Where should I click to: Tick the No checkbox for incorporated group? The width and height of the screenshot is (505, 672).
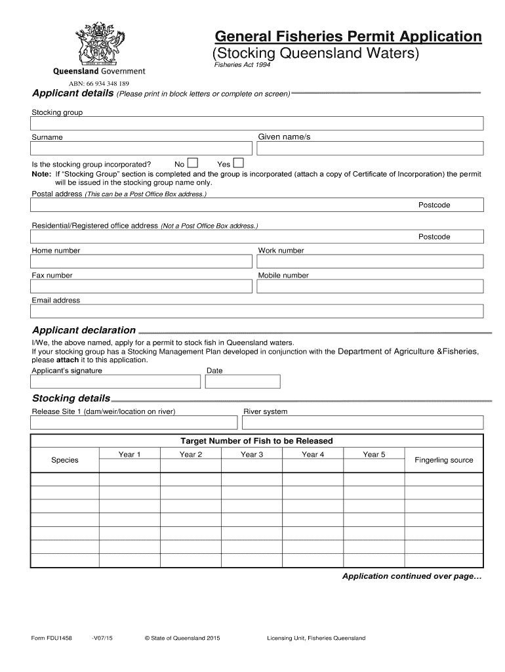[x=193, y=163]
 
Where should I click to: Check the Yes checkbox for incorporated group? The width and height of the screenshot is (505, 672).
[x=239, y=163]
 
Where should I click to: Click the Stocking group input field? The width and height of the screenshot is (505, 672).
[x=257, y=123]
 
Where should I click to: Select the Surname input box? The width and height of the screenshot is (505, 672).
[x=142, y=149]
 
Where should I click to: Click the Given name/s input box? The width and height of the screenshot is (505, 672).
[x=370, y=149]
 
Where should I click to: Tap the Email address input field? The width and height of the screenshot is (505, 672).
[x=257, y=311]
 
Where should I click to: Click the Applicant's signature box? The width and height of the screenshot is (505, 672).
[x=115, y=381]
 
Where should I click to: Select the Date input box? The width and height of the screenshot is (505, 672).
[x=243, y=381]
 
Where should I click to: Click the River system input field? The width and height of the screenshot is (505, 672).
[x=363, y=423]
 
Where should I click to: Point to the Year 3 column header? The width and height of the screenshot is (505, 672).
[x=252, y=454]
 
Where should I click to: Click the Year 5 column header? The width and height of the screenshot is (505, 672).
[x=374, y=454]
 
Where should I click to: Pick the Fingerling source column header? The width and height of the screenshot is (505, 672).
[x=444, y=460]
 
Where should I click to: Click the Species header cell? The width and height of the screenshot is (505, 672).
[x=65, y=460]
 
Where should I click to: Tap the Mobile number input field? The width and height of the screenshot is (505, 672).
[x=370, y=287]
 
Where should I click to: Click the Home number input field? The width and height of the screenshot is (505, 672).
[x=142, y=262]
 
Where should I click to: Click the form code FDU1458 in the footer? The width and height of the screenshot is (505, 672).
[x=52, y=638]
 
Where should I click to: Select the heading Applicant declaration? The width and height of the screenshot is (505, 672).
[x=84, y=330]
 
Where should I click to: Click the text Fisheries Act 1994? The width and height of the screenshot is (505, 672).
[x=243, y=64]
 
